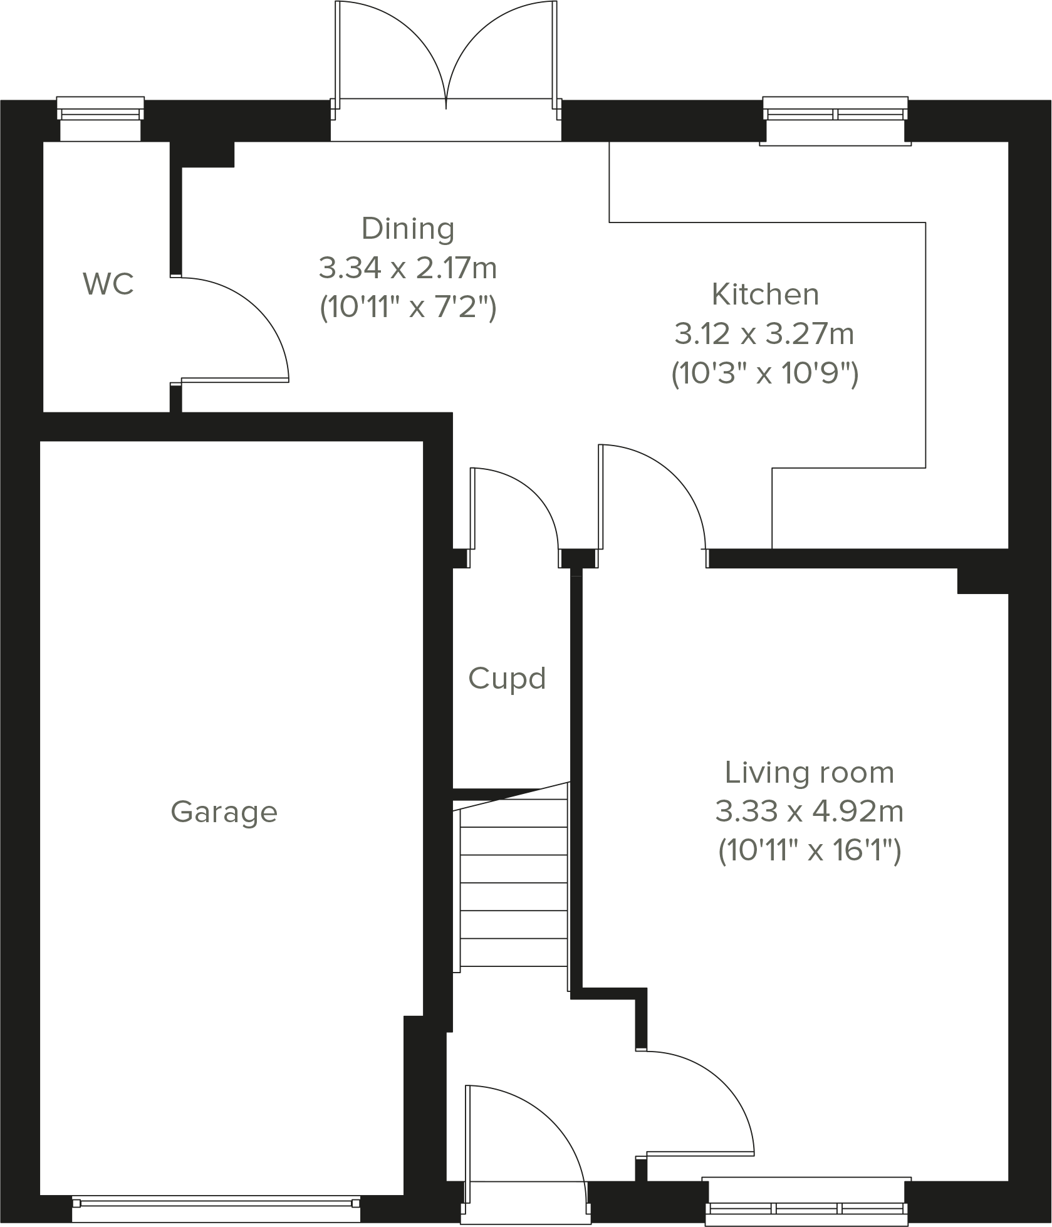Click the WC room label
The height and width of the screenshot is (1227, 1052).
pyautogui.click(x=108, y=284)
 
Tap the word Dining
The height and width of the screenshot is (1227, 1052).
pyautogui.click(x=408, y=229)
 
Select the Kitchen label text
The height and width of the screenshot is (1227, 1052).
pyautogui.click(x=765, y=295)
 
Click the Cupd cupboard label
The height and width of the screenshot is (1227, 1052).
pyautogui.click(x=507, y=679)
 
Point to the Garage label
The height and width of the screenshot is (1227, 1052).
pyautogui.click(x=224, y=812)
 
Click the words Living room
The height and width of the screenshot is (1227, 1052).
pyautogui.click(x=809, y=773)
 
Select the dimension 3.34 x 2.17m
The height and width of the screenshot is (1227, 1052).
pyautogui.click(x=408, y=268)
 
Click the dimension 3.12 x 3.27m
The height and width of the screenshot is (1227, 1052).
pyautogui.click(x=764, y=334)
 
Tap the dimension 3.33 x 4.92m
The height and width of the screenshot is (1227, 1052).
pyautogui.click(x=809, y=812)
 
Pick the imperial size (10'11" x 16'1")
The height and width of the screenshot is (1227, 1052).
pyautogui.click(x=809, y=852)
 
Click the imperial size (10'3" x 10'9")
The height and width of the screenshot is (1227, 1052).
pyautogui.click(x=764, y=374)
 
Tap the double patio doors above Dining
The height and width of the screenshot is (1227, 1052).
pyautogui.click(x=445, y=63)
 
